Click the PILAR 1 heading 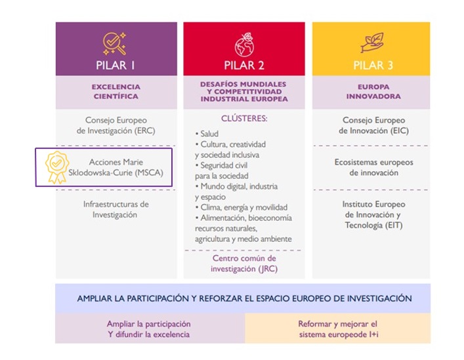(116, 65)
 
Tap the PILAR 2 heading (243, 65)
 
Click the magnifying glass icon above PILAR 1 (116, 43)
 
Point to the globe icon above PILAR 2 (244, 43)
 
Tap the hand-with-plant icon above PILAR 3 (371, 43)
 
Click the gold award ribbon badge (57, 167)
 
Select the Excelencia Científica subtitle (116, 91)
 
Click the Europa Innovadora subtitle (373, 91)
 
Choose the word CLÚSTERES (244, 119)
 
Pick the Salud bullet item (211, 134)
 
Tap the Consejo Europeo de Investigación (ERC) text (116, 125)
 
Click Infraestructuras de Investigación (116, 209)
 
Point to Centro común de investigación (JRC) (244, 263)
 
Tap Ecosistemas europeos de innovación (373, 167)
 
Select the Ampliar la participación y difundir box (149, 329)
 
